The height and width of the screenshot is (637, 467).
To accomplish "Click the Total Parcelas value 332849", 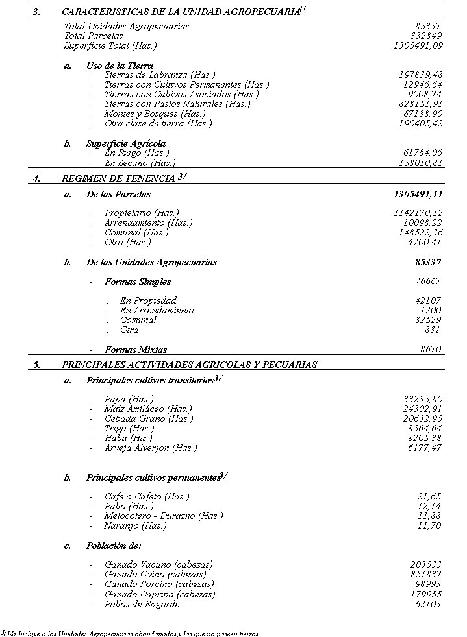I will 427,36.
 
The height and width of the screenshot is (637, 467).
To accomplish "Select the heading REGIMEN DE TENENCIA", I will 118,178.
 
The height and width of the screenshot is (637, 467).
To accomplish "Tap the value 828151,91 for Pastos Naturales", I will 420,104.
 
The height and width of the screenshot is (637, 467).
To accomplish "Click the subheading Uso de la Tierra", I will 120,66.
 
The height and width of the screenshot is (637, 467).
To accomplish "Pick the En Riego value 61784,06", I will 423,152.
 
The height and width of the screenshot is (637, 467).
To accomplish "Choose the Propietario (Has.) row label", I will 141,213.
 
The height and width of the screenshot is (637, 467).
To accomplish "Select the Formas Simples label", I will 129,282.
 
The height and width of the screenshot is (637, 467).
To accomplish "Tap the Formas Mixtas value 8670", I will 431,349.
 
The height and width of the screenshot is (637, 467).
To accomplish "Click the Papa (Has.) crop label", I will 129,399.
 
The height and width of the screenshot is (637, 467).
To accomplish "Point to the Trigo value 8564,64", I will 425,428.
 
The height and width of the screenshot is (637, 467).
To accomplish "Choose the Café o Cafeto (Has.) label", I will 147,496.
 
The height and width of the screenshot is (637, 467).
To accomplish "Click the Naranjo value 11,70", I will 429,525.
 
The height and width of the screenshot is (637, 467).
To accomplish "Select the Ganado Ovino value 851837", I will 425,574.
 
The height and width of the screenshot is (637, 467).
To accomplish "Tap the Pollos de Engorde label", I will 142,604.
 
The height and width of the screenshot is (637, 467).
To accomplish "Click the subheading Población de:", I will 114,546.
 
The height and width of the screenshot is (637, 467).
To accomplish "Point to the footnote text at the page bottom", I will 130,633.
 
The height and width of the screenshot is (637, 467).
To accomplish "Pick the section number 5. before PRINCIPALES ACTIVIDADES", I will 37,365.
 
